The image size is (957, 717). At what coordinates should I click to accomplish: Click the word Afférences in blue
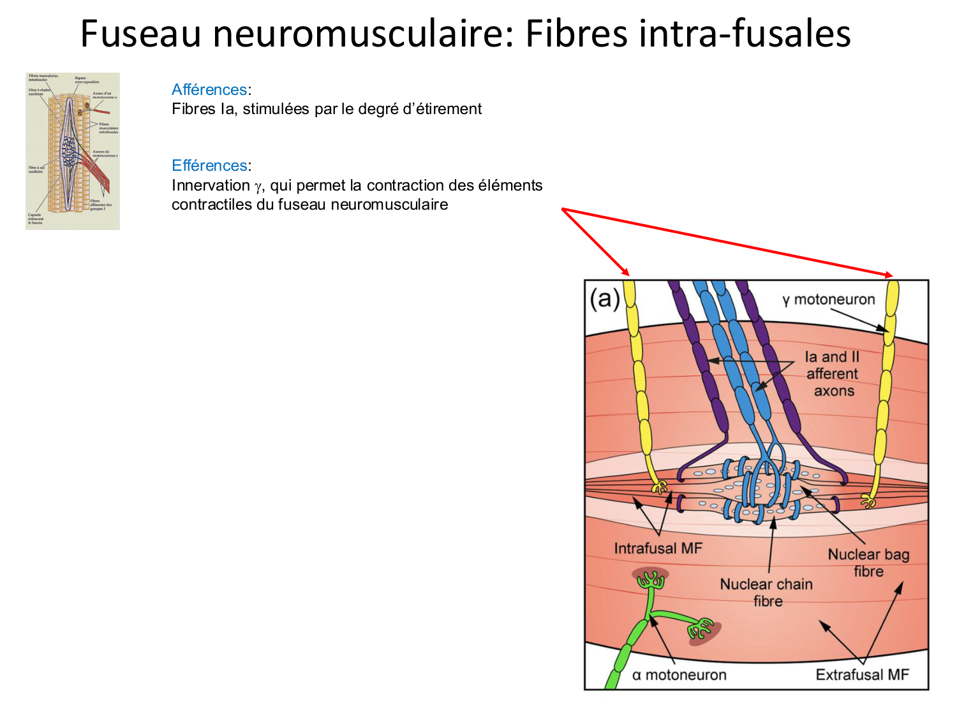coord(209,90)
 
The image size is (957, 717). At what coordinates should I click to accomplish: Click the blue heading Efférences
coord(209,166)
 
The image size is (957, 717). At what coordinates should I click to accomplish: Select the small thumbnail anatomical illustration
coord(73,151)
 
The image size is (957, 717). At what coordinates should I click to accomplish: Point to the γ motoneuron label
coord(829,300)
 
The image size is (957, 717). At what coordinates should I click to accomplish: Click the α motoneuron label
coord(679,675)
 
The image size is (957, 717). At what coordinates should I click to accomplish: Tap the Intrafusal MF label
coord(658,548)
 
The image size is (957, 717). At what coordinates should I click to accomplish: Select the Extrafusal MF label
coord(862,675)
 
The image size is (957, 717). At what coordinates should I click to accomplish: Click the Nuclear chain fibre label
coord(766,593)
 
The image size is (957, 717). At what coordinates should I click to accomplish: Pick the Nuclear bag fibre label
coord(868,563)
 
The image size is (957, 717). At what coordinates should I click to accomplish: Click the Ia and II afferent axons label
coord(833,374)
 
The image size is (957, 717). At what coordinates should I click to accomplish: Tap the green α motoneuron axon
coord(632,644)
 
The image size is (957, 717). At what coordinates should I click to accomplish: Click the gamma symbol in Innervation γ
coord(258,186)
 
